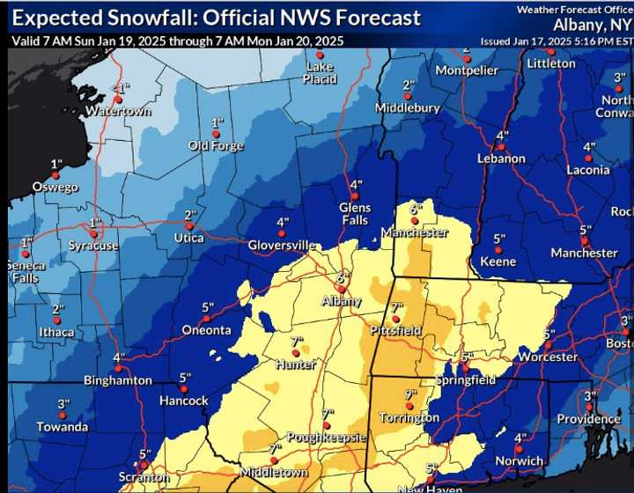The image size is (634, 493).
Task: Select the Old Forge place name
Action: point(216,145)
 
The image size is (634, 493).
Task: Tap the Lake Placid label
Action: point(321,73)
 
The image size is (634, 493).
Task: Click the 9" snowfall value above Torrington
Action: point(410,394)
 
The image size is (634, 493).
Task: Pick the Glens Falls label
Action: point(355,214)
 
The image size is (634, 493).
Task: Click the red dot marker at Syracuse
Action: point(93,234)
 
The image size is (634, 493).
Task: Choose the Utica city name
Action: point(188,238)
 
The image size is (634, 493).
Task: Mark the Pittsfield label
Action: point(395,331)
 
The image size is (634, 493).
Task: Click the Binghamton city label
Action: point(118,380)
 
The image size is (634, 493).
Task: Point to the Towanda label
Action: point(63,427)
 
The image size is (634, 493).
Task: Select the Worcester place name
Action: point(548,357)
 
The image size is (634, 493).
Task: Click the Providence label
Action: point(588,419)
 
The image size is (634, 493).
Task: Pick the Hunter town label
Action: point(295,364)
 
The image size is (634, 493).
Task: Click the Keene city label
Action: point(498,261)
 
